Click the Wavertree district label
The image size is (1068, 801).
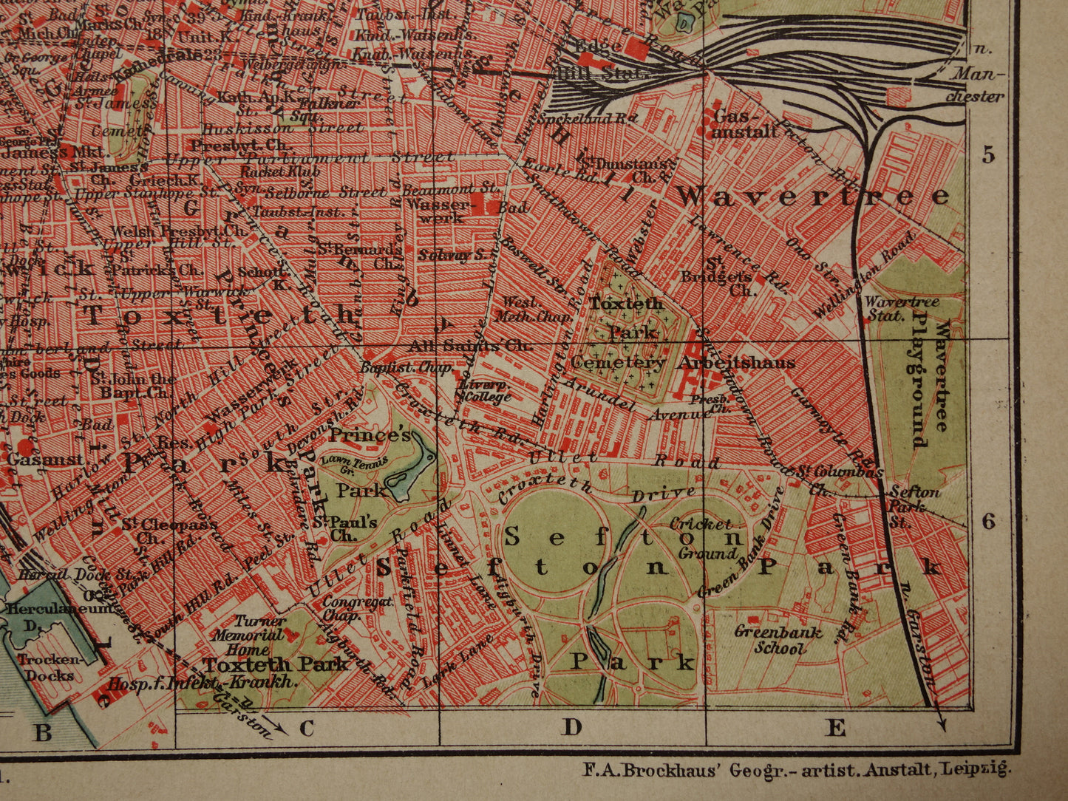[813, 197]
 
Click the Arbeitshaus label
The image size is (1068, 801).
[744, 363]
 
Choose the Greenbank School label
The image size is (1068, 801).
[768, 640]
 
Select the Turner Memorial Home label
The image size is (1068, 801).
[249, 635]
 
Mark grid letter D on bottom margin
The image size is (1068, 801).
[571, 728]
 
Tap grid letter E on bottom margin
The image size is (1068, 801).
[835, 728]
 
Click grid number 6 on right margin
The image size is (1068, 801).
[988, 522]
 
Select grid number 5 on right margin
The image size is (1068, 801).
[988, 154]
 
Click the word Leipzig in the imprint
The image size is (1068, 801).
[975, 769]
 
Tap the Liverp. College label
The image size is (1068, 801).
[484, 391]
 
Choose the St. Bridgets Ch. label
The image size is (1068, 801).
[728, 276]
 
